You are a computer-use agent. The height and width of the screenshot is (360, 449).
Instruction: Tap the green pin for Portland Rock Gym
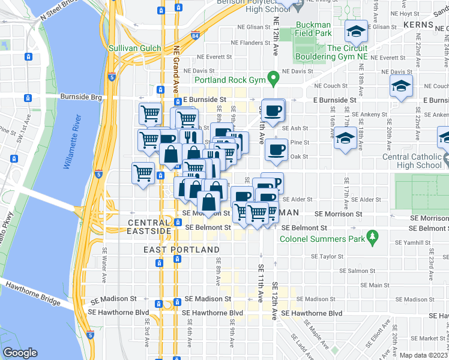[273, 77]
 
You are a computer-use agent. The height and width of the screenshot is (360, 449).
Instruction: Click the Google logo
[20, 353]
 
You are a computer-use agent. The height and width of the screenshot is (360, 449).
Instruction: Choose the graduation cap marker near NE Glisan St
[356, 31]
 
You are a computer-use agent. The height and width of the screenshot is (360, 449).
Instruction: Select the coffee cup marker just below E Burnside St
[273, 111]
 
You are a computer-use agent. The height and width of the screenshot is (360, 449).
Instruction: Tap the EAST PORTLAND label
[173, 249]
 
